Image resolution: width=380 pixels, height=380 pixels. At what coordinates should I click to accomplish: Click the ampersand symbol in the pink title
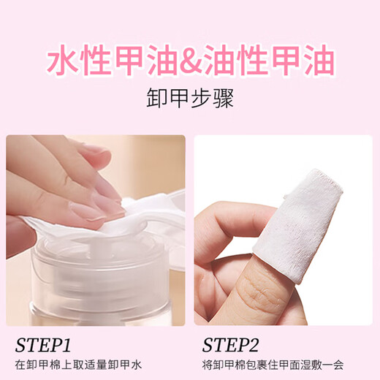click(x=189, y=63)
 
